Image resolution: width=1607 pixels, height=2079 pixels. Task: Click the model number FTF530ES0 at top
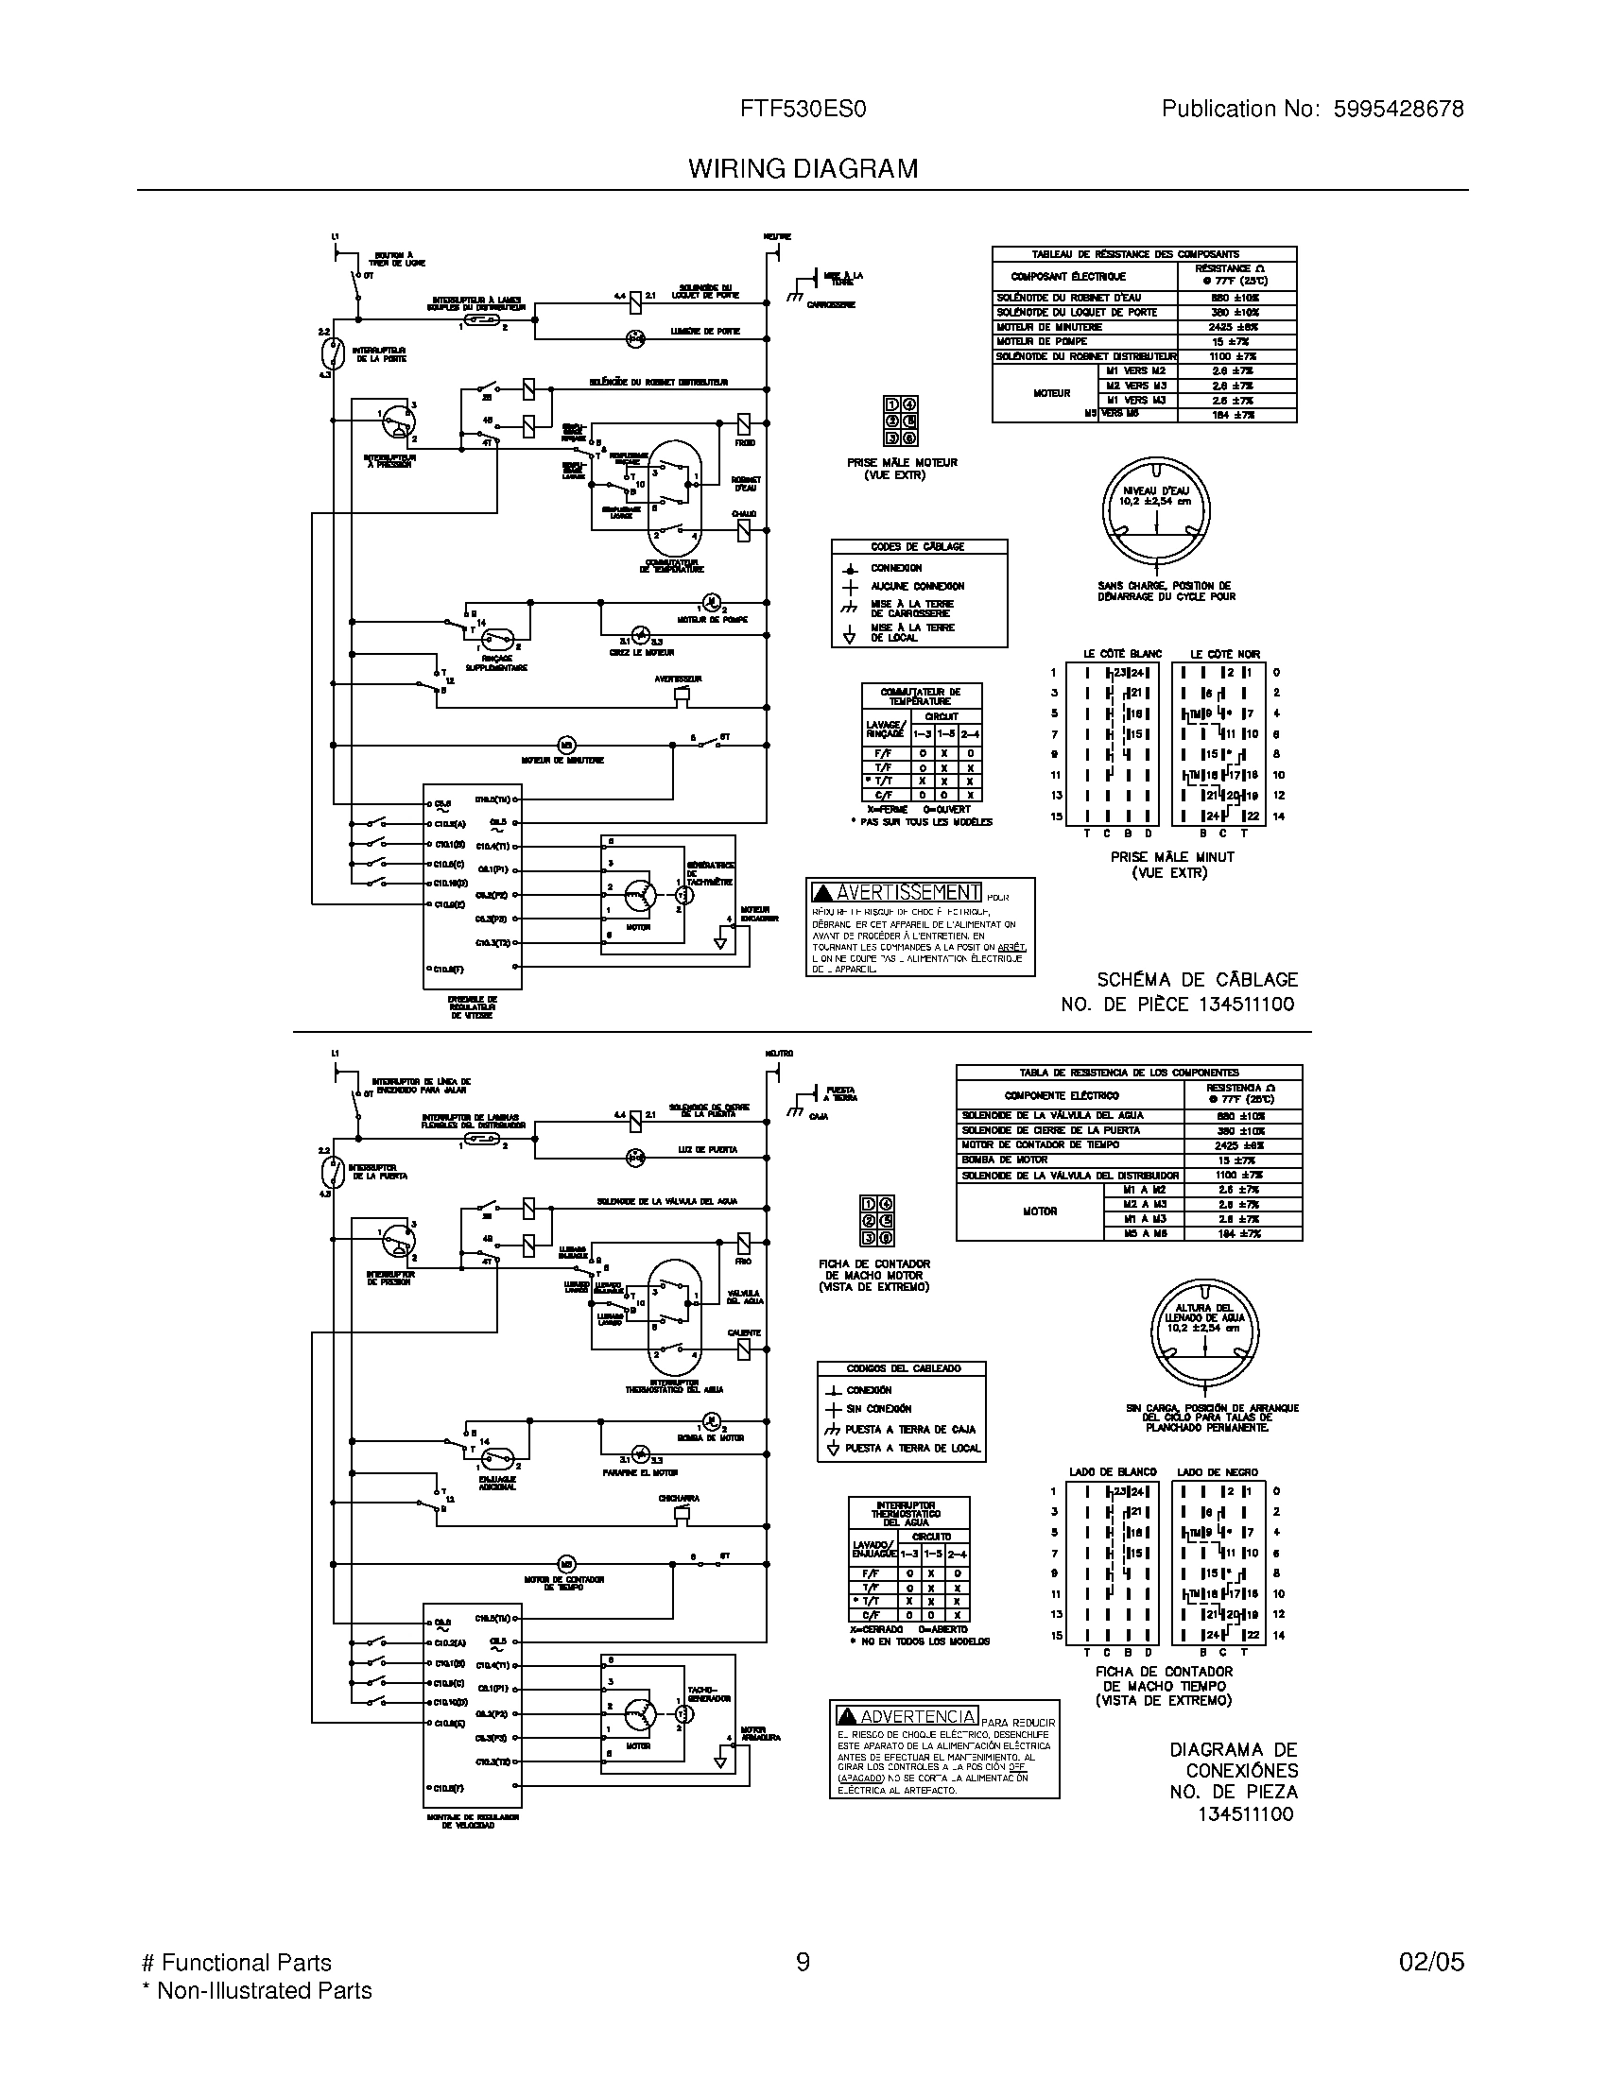pos(803,110)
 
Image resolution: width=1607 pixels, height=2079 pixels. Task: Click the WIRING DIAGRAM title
pos(803,169)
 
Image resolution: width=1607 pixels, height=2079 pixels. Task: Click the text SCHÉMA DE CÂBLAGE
pos(1197,980)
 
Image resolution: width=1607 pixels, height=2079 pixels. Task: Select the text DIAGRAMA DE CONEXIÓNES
pos(1232,1761)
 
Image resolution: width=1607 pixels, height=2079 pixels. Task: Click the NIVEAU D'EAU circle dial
pos(1155,515)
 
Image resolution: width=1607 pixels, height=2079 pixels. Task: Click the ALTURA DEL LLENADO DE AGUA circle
pos(1204,1332)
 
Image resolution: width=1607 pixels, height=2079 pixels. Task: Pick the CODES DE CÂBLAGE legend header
pos(918,547)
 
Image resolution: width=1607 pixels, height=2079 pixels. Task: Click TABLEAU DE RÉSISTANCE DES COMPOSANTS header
pos(1144,254)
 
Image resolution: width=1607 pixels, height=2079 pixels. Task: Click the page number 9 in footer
pos(803,1963)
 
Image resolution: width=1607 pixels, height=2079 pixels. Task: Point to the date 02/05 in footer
pos(1431,1963)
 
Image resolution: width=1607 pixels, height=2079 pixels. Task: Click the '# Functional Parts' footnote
pos(236,1963)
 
